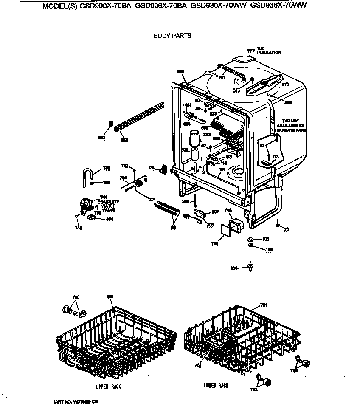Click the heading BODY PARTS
[172, 36]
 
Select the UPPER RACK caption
[108, 387]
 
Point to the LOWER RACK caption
[215, 385]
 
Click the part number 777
[250, 51]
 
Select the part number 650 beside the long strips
[124, 140]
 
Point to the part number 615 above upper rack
[110, 296]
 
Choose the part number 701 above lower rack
[263, 305]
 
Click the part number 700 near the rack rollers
[76, 296]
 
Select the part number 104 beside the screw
[233, 268]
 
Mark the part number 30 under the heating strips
[173, 227]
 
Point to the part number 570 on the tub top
[285, 85]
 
